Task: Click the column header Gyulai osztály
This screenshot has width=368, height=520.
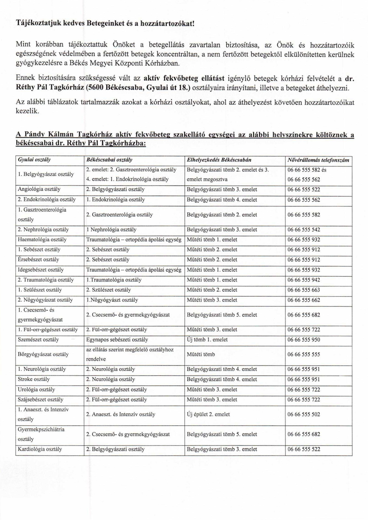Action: pos(37,160)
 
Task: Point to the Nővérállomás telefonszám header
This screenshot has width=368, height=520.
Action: pos(318,160)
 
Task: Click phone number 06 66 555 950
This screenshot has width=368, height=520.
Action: pos(304,340)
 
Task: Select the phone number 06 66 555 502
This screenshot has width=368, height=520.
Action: pos(304,414)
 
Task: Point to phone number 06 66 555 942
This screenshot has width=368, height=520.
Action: pos(304,280)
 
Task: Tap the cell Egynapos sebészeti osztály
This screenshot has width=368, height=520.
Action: pos(117,340)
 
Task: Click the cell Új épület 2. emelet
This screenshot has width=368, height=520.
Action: pos(208,414)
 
